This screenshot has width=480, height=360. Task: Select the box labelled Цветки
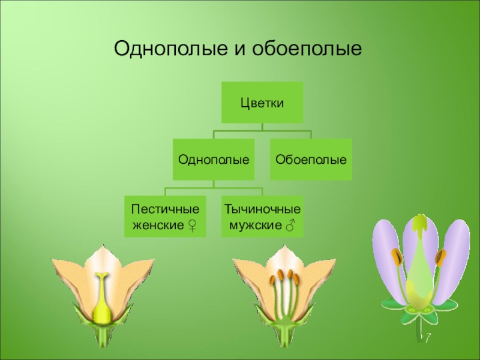[x=262, y=103]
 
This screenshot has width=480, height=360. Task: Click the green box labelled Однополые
[x=214, y=160]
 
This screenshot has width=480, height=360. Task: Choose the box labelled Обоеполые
[x=311, y=160]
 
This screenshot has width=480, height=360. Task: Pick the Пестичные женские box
[x=165, y=216]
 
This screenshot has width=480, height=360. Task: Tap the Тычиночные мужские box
[x=262, y=216]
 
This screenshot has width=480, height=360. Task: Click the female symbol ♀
[x=192, y=226]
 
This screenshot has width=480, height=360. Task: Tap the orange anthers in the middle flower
[x=285, y=278]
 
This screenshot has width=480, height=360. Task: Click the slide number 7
[x=428, y=340]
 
